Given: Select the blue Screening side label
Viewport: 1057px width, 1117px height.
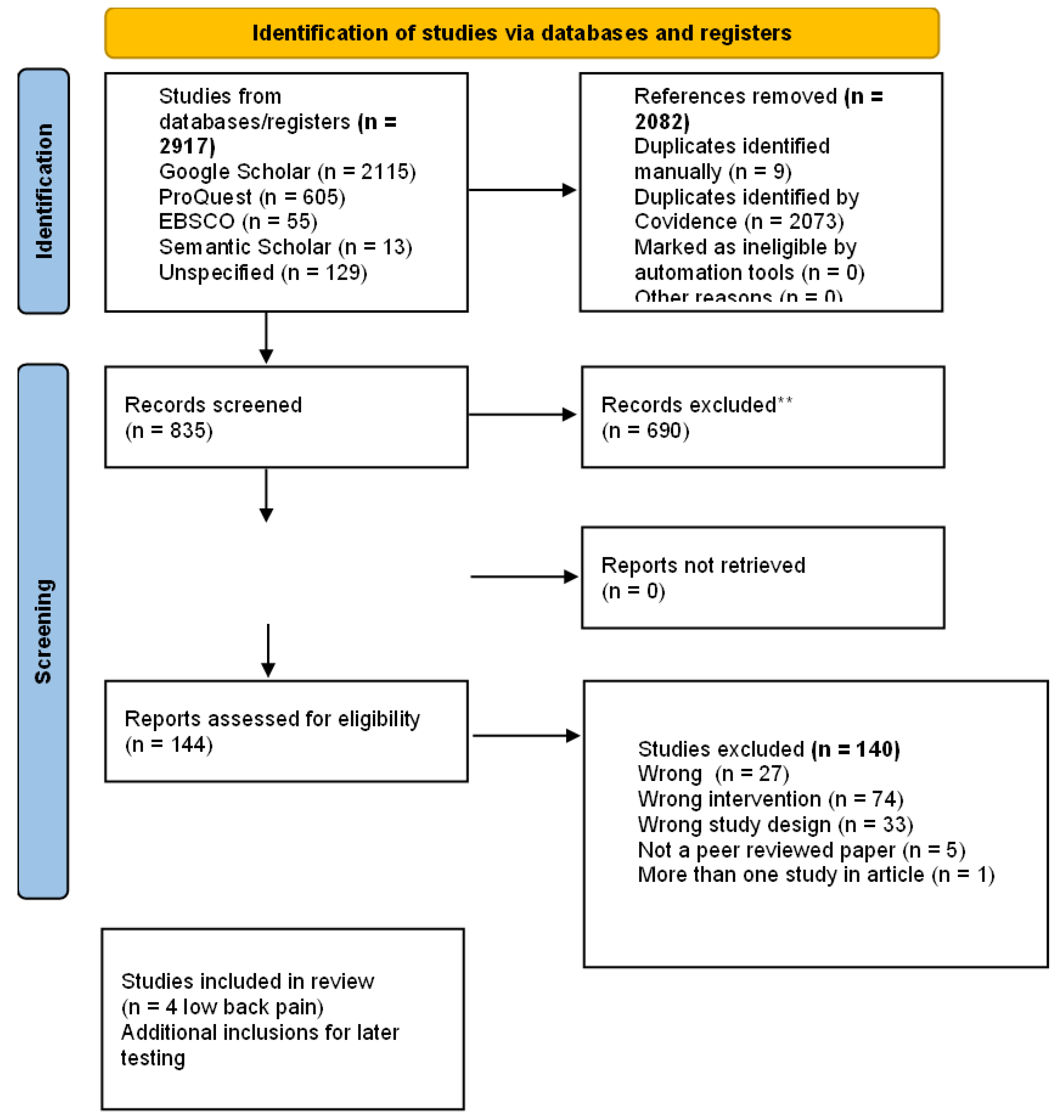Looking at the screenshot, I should coord(43,631).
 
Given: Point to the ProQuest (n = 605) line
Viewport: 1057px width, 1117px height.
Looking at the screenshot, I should coord(252,197).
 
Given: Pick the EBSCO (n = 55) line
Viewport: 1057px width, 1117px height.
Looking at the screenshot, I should coord(238,221).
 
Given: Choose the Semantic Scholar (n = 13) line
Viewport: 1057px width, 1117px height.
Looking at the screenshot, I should coord(285,247).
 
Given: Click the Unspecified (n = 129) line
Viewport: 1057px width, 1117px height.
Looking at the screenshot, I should coord(263,272).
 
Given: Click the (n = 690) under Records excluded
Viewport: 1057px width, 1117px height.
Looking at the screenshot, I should coord(645,431).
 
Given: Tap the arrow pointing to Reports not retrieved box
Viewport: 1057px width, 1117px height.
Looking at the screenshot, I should coord(524,577).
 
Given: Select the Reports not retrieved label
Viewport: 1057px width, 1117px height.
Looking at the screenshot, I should coord(703,565).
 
